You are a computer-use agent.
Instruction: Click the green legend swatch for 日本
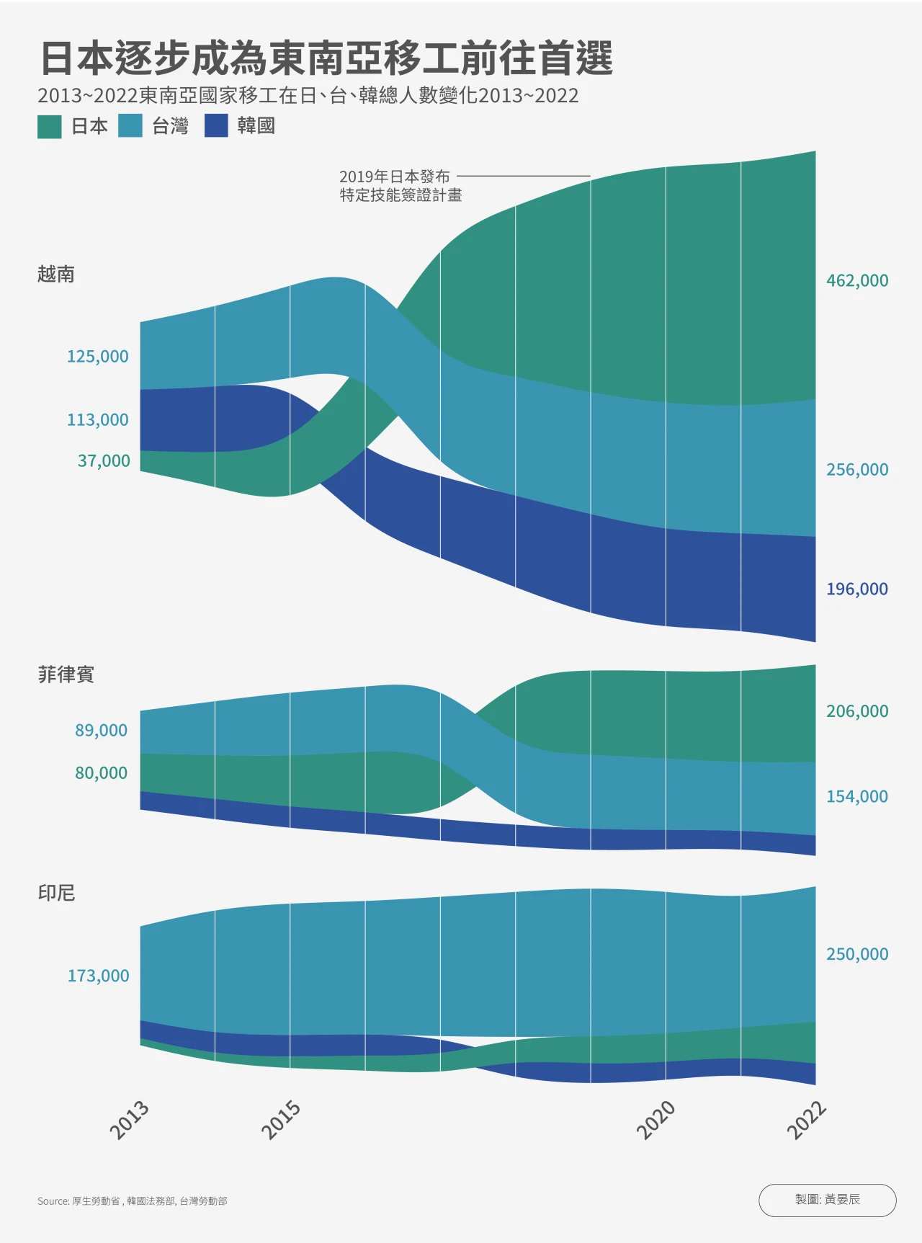point(50,126)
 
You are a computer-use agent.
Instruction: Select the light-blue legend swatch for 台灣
point(130,126)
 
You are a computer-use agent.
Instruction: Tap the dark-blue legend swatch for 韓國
point(216,126)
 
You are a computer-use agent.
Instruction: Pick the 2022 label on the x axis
point(806,1121)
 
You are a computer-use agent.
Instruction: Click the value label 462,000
point(857,280)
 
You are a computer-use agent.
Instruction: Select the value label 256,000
point(857,470)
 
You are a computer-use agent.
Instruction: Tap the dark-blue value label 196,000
point(857,589)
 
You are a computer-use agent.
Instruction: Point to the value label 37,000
point(104,461)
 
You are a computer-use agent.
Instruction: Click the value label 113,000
point(98,420)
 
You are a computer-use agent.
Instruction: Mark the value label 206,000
point(857,711)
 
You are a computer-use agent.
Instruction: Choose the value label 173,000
point(98,976)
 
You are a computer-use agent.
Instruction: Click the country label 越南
point(56,275)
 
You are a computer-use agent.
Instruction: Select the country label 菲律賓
point(66,674)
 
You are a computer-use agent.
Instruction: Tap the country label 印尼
point(56,893)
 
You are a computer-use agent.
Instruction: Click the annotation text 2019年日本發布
point(394,177)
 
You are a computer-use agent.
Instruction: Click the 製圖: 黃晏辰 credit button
point(827,1200)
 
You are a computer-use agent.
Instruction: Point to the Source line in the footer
point(133,1201)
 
